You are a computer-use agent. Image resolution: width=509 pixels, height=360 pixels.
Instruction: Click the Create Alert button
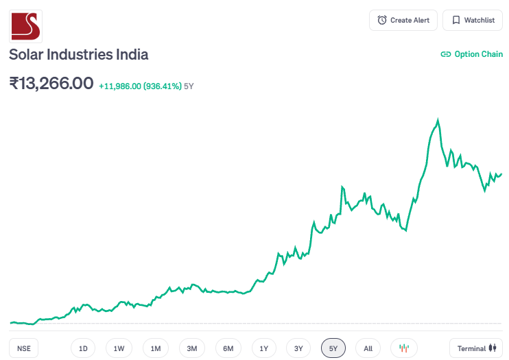(403, 20)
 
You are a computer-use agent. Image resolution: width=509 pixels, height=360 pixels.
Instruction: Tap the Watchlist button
(473, 20)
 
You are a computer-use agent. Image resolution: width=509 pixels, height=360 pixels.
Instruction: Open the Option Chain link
(471, 54)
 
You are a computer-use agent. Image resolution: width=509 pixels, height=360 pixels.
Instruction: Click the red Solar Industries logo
(25, 25)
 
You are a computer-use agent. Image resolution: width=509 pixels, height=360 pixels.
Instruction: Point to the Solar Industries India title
(78, 55)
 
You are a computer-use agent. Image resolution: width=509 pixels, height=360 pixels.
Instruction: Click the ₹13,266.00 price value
(51, 84)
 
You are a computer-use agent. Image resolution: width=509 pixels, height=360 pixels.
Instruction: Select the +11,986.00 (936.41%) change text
(140, 86)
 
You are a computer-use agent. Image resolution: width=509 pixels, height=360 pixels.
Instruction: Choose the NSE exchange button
(24, 348)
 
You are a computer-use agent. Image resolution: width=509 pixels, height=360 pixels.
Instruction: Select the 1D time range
(83, 348)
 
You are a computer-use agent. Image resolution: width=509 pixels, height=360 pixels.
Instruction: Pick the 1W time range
(119, 348)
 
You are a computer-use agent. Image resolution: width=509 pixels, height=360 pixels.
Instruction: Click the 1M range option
(156, 348)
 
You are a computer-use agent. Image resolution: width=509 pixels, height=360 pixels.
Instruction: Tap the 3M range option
(192, 348)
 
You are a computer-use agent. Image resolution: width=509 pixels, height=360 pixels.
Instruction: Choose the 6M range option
(228, 348)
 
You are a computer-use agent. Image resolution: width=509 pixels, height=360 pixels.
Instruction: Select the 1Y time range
(264, 348)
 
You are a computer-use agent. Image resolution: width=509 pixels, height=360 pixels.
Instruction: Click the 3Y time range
(298, 348)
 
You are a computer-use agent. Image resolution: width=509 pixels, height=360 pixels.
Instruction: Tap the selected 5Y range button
(333, 348)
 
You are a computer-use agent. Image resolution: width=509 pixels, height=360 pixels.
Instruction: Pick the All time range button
(368, 348)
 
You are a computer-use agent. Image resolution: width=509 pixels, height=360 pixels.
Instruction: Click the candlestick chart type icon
(404, 348)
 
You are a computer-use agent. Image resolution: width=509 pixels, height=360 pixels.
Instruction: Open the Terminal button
(476, 348)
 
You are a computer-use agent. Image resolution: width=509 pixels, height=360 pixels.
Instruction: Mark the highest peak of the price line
(438, 120)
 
